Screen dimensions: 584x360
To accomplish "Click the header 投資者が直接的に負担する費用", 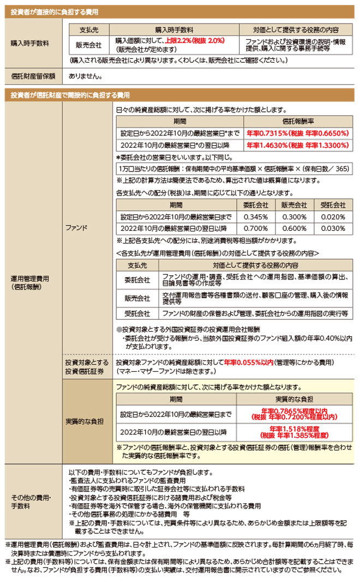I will click(x=55, y=11).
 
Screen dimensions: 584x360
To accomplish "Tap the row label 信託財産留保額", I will click(x=32, y=78).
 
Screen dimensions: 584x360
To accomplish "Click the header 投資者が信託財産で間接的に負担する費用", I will click(x=70, y=96).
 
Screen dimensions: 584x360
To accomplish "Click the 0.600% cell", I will click(x=293, y=229).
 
